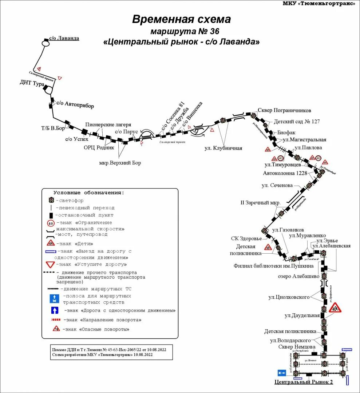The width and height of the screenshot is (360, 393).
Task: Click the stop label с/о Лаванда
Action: pyautogui.click(x=64, y=38)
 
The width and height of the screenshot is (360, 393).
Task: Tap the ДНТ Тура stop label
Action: pyautogui.click(x=32, y=83)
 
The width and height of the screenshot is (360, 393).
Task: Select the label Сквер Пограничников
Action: pyautogui.click(x=284, y=110)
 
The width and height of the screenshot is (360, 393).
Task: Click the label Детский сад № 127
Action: pyautogui.click(x=296, y=121)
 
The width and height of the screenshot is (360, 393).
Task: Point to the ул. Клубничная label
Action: pyautogui.click(x=223, y=148)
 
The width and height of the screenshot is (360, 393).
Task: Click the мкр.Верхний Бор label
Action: pyautogui.click(x=120, y=163)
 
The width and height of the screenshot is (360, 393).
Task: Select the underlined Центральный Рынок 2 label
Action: pyautogui.click(x=303, y=382)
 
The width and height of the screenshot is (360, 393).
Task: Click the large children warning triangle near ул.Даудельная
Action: pyautogui.click(x=335, y=308)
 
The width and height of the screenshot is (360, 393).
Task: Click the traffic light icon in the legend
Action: pyautogui.click(x=51, y=200)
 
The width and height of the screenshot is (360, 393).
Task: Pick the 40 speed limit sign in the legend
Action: pyautogui.click(x=51, y=223)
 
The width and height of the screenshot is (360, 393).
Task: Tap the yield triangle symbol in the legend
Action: pyautogui.click(x=50, y=265)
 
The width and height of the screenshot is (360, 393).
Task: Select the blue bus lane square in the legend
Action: pyautogui.click(x=54, y=299)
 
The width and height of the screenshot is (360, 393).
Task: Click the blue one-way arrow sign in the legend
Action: pyautogui.click(x=54, y=310)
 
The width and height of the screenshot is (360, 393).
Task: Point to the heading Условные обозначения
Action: pyautogui.click(x=88, y=193)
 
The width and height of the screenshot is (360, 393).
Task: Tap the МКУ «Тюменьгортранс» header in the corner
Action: pyautogui.click(x=319, y=4)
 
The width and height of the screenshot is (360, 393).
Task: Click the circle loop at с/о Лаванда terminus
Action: pyautogui.click(x=46, y=43)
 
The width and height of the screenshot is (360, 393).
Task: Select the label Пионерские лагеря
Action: pyautogui.click(x=108, y=124)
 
